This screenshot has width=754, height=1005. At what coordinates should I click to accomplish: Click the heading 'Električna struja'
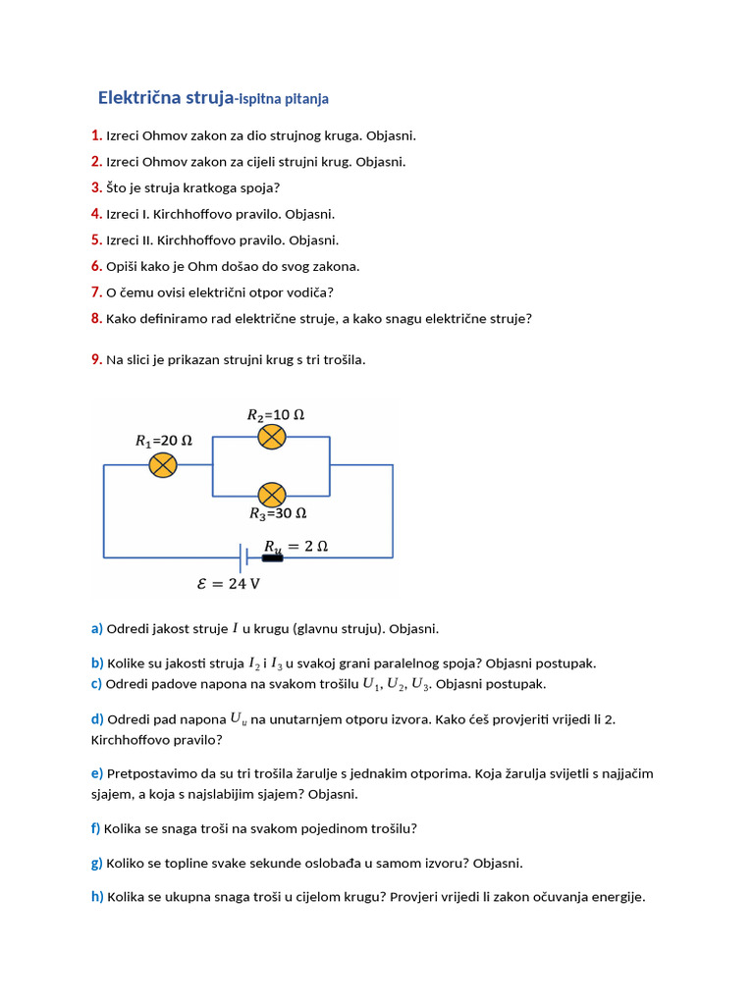(x=166, y=97)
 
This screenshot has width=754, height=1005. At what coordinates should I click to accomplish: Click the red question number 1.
(x=96, y=135)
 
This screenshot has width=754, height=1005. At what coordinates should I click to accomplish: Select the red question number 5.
(x=96, y=239)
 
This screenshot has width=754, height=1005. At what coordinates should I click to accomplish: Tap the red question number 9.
(x=96, y=359)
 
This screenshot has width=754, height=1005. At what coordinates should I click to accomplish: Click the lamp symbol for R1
(x=163, y=464)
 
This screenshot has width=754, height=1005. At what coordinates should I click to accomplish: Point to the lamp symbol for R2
(x=272, y=437)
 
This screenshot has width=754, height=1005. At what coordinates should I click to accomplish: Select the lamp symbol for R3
(x=272, y=494)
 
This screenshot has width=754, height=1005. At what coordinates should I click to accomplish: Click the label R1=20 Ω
(x=163, y=441)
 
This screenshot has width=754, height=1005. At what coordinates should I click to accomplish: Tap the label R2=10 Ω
(x=275, y=414)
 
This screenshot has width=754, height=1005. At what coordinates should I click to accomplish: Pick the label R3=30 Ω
(x=277, y=513)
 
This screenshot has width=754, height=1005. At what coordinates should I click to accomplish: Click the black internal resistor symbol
(x=272, y=558)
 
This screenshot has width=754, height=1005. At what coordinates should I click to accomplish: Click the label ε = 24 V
(x=229, y=583)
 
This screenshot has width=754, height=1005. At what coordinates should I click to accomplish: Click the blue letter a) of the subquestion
(x=96, y=628)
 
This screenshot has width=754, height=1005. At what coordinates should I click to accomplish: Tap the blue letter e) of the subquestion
(x=96, y=773)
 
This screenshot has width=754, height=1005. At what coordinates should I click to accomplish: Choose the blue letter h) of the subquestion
(x=97, y=896)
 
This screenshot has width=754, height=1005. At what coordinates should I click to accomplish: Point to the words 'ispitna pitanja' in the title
(x=284, y=99)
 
